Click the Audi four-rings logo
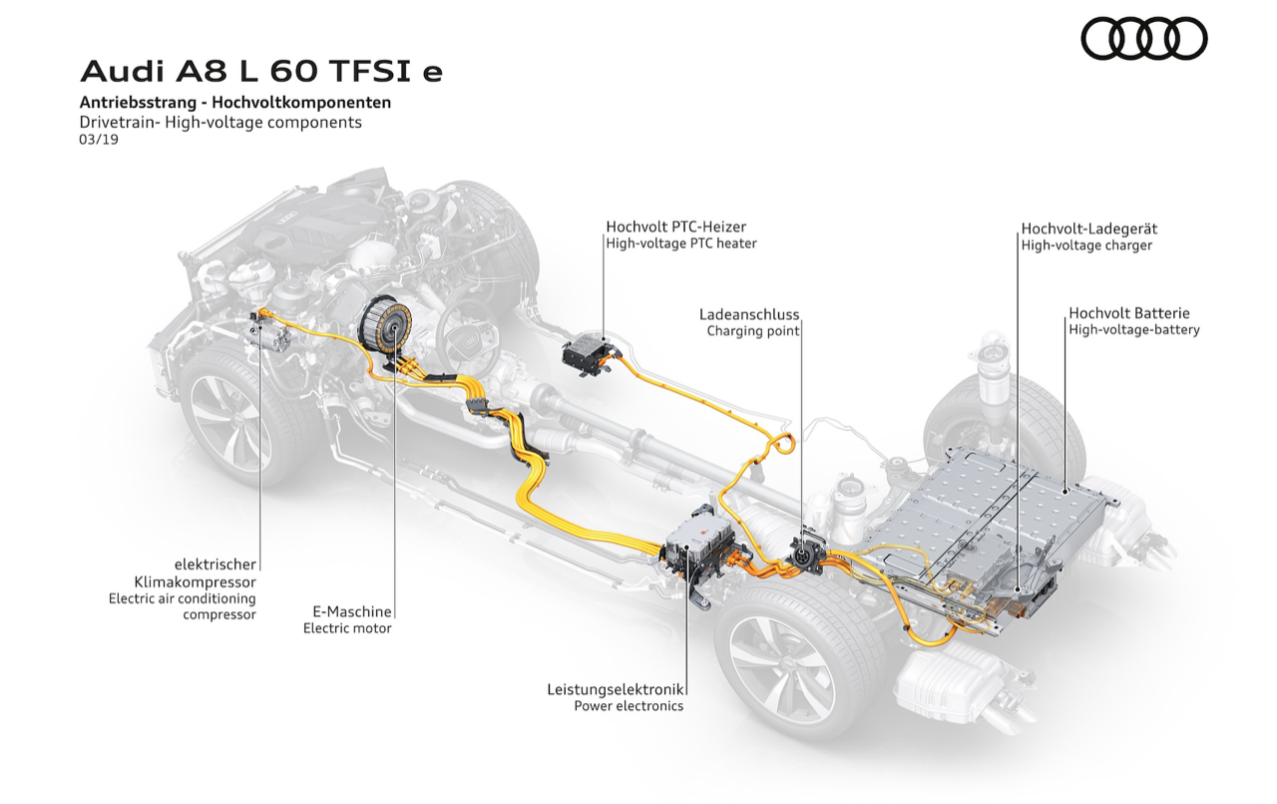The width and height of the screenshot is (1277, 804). (1143, 39)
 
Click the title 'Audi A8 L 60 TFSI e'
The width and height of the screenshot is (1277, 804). (261, 72)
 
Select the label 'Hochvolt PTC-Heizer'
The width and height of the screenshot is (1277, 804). (675, 227)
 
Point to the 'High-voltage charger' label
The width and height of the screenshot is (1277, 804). (1085, 244)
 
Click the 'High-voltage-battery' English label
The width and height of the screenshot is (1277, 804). (1133, 329)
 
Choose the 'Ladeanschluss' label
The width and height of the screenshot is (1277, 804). (749, 315)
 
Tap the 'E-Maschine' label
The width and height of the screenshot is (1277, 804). (348, 611)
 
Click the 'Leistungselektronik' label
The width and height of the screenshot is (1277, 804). (615, 689)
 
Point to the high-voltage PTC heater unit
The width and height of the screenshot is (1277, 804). (589, 351)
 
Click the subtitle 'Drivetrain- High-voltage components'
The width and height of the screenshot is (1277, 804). (220, 123)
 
